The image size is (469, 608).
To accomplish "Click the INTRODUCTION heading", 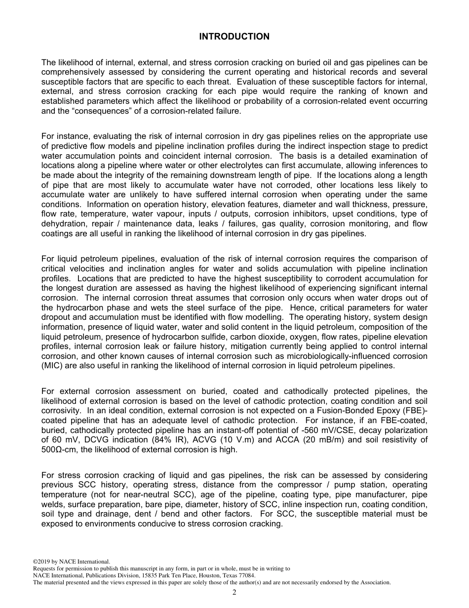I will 234,37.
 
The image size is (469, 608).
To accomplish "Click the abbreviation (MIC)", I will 53,366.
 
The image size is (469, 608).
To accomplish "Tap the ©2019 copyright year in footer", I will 41,562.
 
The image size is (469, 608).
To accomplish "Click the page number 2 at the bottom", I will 234,593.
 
